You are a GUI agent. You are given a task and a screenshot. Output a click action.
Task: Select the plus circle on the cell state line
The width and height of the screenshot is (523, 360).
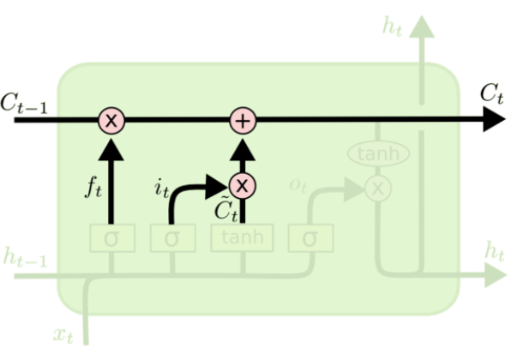pyautogui.click(x=243, y=121)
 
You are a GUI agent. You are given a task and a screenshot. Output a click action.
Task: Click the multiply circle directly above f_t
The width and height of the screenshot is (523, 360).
pyautogui.click(x=111, y=121)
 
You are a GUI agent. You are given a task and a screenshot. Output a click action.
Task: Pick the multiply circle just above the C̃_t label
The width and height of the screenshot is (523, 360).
pyautogui.click(x=243, y=184)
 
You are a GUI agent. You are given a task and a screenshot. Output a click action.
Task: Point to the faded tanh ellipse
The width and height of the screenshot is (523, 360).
pyautogui.click(x=377, y=153)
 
